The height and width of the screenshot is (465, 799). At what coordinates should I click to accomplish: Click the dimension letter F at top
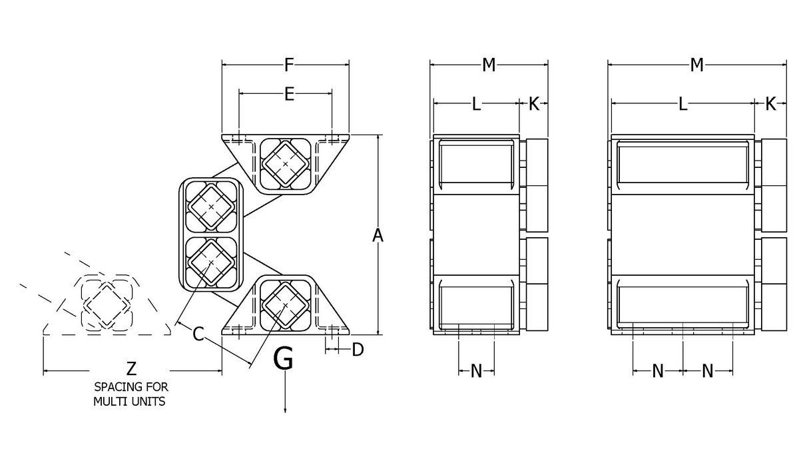coord(288,65)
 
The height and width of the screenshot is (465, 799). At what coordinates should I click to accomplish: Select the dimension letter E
coord(288,95)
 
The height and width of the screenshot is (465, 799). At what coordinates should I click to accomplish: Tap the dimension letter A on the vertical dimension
coord(378,235)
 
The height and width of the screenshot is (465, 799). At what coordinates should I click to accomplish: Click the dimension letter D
coord(358,349)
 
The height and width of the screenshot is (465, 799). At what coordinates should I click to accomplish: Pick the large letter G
coord(284,360)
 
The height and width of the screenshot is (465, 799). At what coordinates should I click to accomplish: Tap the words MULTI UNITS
coord(129,402)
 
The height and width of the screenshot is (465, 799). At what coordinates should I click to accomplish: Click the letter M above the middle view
coord(489,65)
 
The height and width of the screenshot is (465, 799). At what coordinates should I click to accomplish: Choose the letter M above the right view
coord(696,65)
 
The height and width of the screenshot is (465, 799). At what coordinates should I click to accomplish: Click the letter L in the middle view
coord(476,104)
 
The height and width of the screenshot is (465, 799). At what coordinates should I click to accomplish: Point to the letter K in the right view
coord(770,104)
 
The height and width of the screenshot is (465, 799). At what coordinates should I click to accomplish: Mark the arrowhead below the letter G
coord(286,410)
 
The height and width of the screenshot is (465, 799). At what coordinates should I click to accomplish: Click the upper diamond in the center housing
coord(211,208)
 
